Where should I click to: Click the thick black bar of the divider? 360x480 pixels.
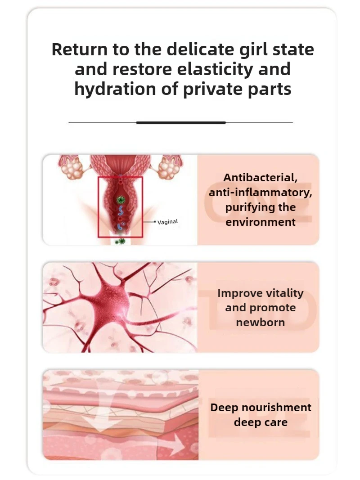[180, 122]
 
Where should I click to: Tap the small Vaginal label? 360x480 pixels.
[168, 222]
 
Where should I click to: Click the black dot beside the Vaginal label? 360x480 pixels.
[155, 222]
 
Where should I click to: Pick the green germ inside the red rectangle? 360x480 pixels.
[121, 199]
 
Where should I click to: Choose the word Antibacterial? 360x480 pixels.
[261, 178]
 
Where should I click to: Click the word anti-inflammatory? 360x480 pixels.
[261, 193]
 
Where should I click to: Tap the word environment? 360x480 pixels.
[261, 222]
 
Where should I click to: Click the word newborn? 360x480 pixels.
[261, 323]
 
